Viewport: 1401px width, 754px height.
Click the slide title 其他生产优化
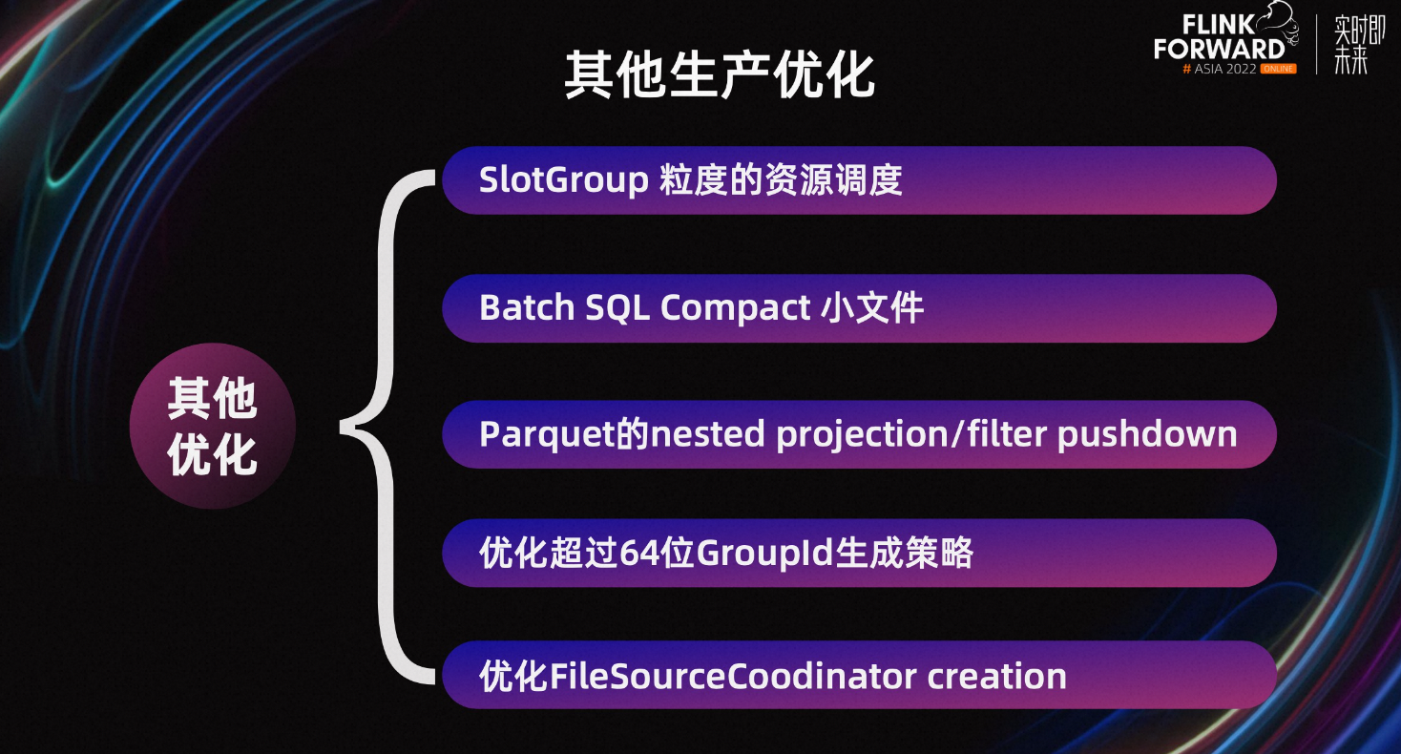[x=720, y=75]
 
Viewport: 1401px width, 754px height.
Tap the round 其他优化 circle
[x=213, y=426]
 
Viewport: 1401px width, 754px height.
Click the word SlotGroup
[x=563, y=180]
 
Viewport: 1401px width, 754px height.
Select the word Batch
[x=527, y=308]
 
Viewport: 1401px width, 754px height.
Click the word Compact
[x=735, y=308]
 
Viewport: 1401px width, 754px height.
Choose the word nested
[x=707, y=434]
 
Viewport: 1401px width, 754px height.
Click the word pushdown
[x=1147, y=434]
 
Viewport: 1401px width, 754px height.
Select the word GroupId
[x=765, y=554]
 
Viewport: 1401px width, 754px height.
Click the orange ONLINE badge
[x=1278, y=69]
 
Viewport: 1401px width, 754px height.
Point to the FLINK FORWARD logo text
[x=1219, y=37]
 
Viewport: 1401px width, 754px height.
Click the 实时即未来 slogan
[x=1359, y=45]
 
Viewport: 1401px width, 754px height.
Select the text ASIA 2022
[x=1224, y=69]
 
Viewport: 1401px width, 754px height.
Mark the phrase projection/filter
[x=911, y=434]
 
